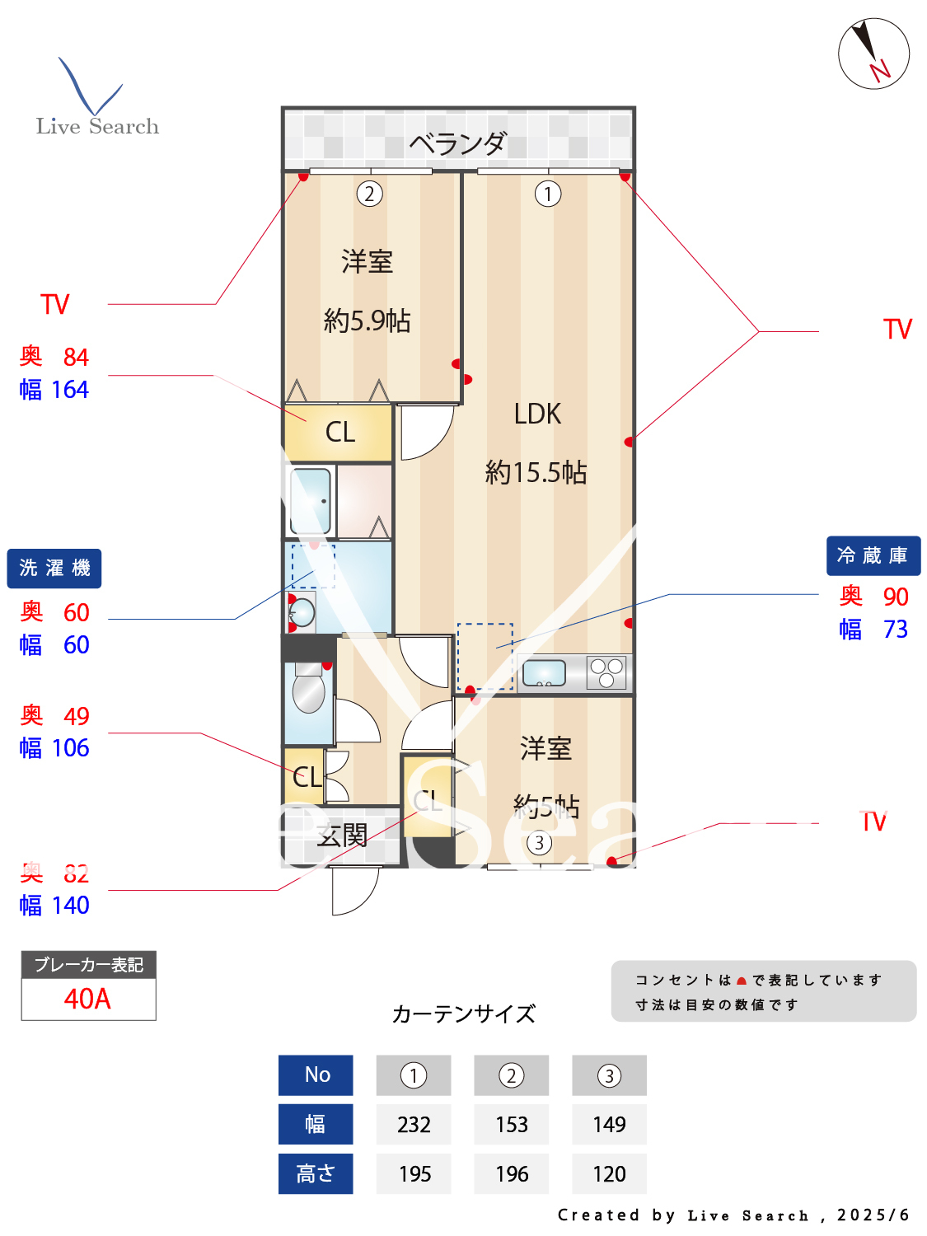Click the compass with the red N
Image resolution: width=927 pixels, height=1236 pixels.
873,54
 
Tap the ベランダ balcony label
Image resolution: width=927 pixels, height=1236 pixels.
457,144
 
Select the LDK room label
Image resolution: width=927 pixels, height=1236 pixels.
537,414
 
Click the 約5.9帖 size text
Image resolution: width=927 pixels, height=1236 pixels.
368,321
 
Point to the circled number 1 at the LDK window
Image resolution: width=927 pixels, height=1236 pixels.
548,194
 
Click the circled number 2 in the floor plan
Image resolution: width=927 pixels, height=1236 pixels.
369,194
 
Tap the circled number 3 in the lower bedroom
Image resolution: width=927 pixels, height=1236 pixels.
539,843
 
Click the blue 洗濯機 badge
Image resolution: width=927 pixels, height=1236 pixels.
54,569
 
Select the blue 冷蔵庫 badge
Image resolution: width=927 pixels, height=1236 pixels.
873,556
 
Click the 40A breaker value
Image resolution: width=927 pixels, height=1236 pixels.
87,999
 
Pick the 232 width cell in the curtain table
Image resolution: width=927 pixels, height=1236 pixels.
414,1125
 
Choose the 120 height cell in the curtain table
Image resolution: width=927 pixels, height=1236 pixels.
609,1174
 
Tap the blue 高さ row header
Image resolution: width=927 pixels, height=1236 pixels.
316,1174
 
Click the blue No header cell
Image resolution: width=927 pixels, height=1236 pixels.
316,1075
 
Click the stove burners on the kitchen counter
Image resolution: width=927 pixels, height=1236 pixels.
607,672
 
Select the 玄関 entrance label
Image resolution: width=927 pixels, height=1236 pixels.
342,836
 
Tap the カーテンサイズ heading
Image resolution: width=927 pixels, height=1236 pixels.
463,1014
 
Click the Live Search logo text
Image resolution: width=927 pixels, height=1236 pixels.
97,126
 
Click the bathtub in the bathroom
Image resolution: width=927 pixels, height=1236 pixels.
311,501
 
